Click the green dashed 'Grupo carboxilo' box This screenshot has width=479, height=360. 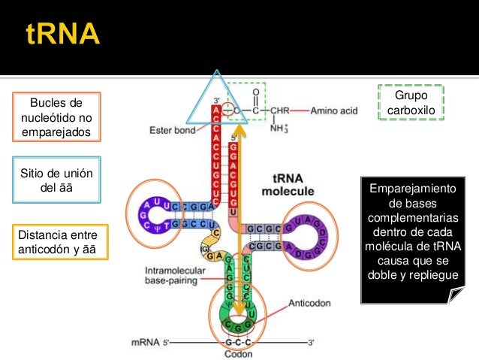point(411,102)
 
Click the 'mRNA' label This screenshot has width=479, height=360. point(143,342)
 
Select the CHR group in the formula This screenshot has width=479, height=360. point(279,110)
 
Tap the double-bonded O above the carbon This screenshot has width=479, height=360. point(256,92)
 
